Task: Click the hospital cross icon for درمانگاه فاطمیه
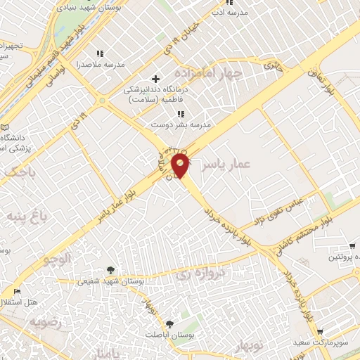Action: [156, 79]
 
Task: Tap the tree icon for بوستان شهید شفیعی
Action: [110, 269]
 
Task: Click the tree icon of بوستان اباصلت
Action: [169, 323]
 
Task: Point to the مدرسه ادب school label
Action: [229, 12]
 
